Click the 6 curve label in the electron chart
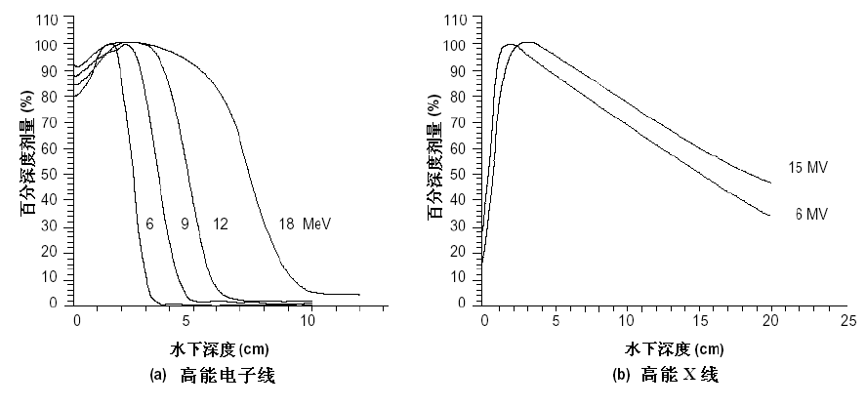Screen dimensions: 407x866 [150, 224]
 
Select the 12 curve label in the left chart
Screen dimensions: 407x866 [220, 224]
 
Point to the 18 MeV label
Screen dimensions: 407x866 [300, 224]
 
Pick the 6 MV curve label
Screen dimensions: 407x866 [811, 214]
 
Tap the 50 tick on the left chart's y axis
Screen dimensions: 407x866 [51, 174]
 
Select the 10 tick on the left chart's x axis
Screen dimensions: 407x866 [309, 320]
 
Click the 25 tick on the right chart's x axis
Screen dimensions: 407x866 [848, 320]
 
